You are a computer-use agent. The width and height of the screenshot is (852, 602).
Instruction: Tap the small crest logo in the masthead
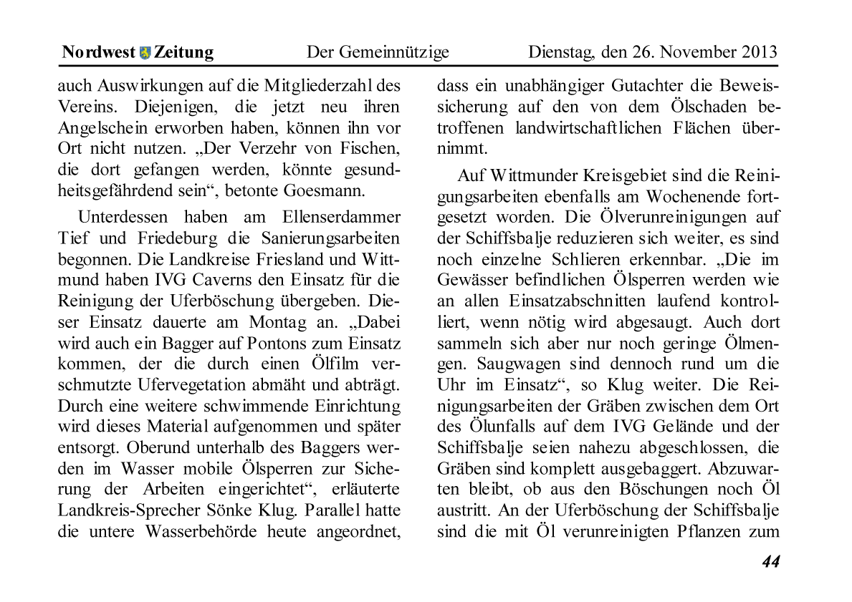tap(145, 53)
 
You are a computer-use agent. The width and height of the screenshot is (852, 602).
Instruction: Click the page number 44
tap(770, 562)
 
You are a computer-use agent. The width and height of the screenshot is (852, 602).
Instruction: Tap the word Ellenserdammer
tap(343, 217)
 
